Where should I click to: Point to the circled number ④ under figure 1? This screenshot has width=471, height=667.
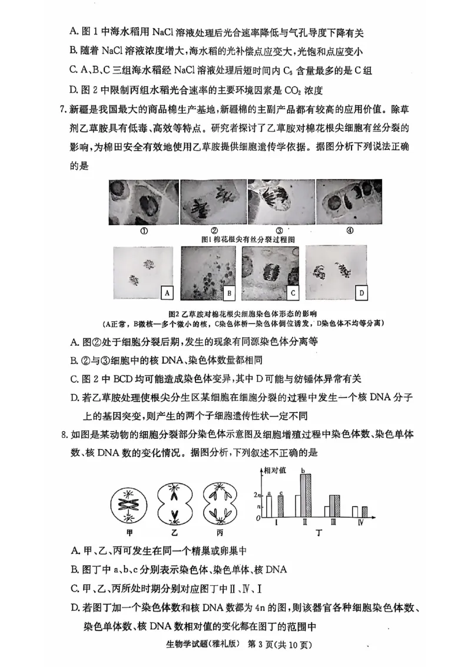350,230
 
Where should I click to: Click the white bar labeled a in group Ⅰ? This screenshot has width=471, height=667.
269,506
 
